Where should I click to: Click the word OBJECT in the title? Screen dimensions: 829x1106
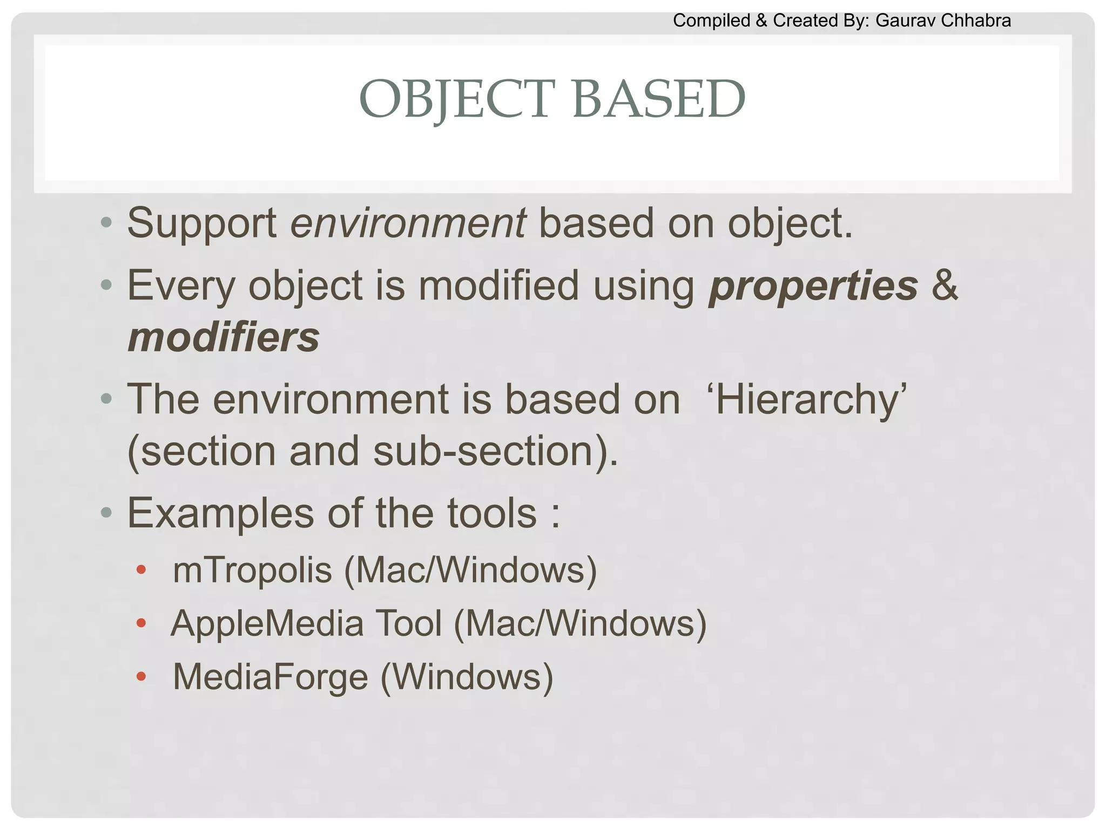457,100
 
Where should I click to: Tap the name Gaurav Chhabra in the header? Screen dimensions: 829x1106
943,21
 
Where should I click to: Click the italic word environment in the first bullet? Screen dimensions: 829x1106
408,223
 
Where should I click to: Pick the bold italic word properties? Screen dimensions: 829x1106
813,286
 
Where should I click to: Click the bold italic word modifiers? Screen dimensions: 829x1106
223,338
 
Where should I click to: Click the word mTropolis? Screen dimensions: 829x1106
252,570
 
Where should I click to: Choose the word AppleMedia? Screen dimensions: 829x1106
267,624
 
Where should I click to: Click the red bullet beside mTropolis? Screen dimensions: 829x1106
141,570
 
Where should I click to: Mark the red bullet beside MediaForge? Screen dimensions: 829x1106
141,677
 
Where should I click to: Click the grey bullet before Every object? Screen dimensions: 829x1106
106,284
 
